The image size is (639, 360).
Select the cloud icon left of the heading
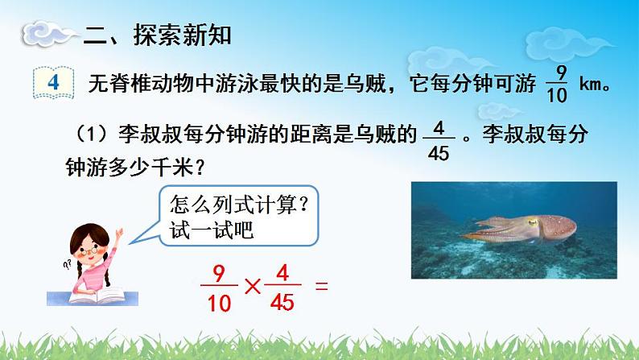pos(47,35)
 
